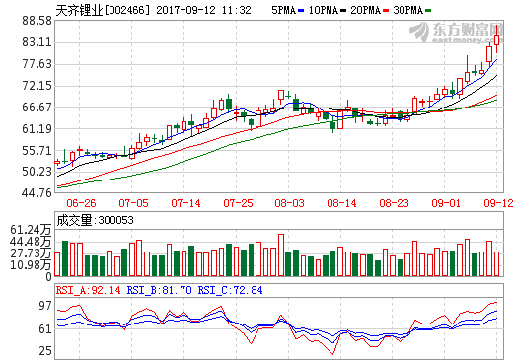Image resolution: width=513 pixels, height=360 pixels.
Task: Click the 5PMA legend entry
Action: (287, 9)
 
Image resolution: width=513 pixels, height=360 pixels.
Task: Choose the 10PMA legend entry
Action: (330, 9)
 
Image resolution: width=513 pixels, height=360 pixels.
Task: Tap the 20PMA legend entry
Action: (379, 9)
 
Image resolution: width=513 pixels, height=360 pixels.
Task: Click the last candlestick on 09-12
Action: (497, 38)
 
